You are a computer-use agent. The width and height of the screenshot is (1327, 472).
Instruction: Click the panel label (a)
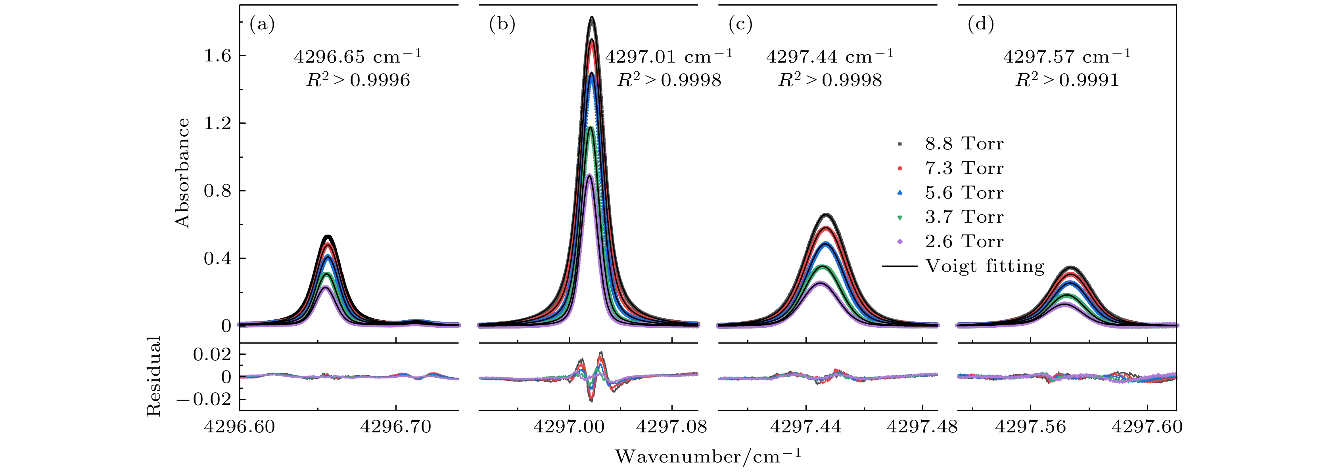262,24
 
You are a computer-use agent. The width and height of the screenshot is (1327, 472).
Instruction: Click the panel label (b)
502,24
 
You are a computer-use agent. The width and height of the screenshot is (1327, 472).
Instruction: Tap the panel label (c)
741,24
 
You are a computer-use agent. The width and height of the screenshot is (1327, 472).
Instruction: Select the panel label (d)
981,24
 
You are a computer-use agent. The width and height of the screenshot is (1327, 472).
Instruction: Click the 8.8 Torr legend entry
963,144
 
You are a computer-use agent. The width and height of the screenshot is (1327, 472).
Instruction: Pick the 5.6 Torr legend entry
963,193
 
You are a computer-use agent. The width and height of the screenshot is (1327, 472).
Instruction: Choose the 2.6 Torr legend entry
963,241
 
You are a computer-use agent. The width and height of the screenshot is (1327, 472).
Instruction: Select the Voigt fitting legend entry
984,266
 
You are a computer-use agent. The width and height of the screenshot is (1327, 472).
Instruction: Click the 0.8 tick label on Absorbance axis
218,191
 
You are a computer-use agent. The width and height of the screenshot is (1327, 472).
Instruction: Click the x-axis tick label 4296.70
396,427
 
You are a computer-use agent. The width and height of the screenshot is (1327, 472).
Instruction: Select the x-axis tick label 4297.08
672,427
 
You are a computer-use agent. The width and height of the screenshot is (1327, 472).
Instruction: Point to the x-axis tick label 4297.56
1030,427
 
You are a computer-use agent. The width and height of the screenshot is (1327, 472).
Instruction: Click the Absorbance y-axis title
183,173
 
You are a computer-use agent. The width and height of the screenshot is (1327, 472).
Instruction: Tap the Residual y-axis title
153,376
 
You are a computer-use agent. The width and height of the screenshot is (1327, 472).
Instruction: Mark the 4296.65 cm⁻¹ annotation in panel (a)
357,56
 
